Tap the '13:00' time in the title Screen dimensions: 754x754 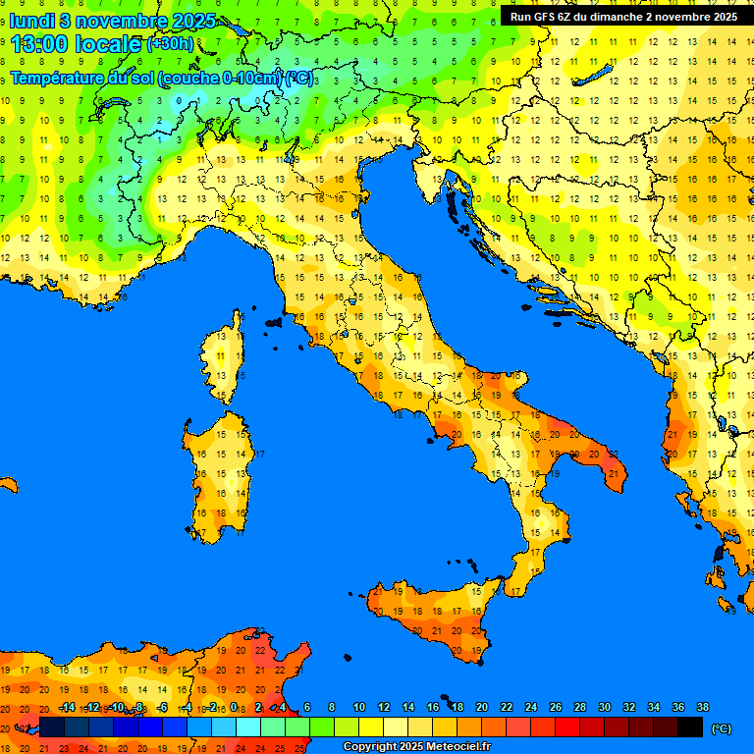click(x=39, y=44)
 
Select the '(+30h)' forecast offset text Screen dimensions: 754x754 click(x=170, y=44)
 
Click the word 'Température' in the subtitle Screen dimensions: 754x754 click(x=58, y=78)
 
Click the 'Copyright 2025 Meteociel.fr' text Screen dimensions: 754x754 click(x=416, y=746)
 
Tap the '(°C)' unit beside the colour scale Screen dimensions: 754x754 click(x=721, y=727)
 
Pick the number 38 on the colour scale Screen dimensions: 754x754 click(x=702, y=707)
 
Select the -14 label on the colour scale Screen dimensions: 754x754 click(x=67, y=707)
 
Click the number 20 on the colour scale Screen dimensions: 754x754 click(x=481, y=707)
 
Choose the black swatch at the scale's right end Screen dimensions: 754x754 click(x=690, y=727)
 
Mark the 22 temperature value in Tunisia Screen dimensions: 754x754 click(x=259, y=650)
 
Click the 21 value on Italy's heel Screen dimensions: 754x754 click(x=614, y=474)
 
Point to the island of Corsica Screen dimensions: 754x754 click(x=225, y=358)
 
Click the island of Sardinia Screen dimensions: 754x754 click(x=221, y=476)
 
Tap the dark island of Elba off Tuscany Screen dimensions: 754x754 click(x=274, y=321)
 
